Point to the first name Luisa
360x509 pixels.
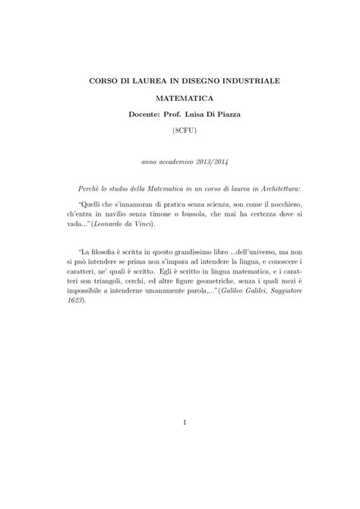(x=200, y=114)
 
